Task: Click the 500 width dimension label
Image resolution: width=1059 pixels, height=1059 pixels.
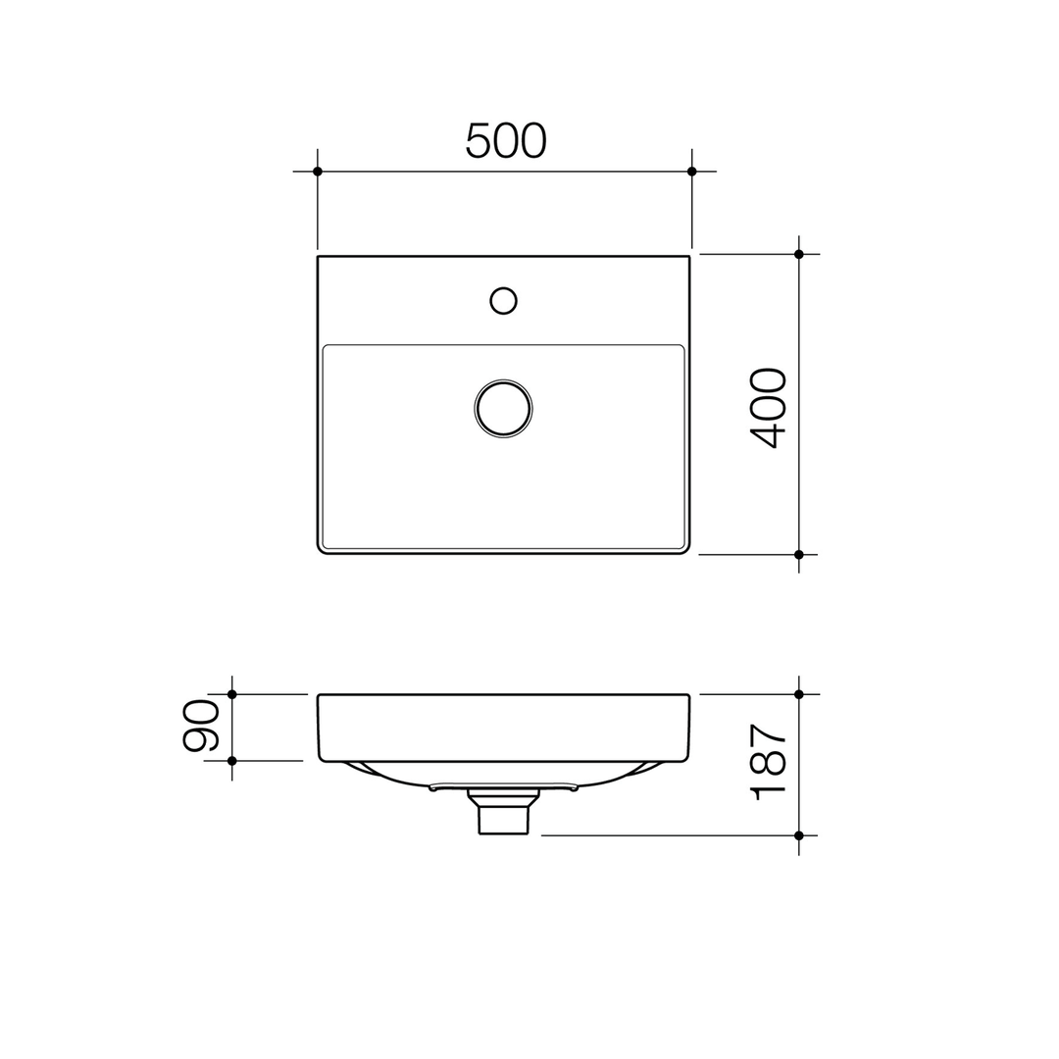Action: pos(505,140)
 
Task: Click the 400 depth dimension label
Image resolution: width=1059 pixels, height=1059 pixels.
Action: pos(768,408)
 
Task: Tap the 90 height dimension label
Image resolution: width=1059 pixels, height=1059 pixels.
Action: pos(201,725)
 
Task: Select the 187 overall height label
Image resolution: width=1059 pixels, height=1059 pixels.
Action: pos(768,762)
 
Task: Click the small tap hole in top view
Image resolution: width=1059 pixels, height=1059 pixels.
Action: pos(503,301)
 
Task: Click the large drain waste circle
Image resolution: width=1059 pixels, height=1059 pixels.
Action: pos(503,407)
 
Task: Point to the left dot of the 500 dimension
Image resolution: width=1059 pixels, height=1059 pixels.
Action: pos(318,172)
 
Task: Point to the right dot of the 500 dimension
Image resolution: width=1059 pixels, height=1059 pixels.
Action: pos(691,172)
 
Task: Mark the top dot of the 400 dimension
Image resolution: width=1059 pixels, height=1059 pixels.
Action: pos(799,254)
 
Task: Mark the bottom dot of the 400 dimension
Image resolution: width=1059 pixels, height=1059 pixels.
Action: pos(799,554)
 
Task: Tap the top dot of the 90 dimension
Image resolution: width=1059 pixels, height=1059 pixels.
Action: pos(232,694)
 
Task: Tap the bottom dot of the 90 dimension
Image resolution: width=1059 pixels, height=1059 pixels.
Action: pos(232,760)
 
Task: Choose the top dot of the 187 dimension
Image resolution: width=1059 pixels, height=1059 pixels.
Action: pos(799,694)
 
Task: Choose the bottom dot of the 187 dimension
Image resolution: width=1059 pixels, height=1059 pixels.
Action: pos(799,835)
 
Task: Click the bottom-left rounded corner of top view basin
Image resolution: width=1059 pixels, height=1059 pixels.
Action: pos(322,549)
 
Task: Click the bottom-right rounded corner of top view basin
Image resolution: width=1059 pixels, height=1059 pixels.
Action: pos(685,549)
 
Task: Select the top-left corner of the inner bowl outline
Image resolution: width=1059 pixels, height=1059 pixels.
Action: pos(327,348)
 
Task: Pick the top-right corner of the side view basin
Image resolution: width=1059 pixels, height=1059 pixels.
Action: pos(687,696)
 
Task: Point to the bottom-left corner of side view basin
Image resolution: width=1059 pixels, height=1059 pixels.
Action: pos(323,758)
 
